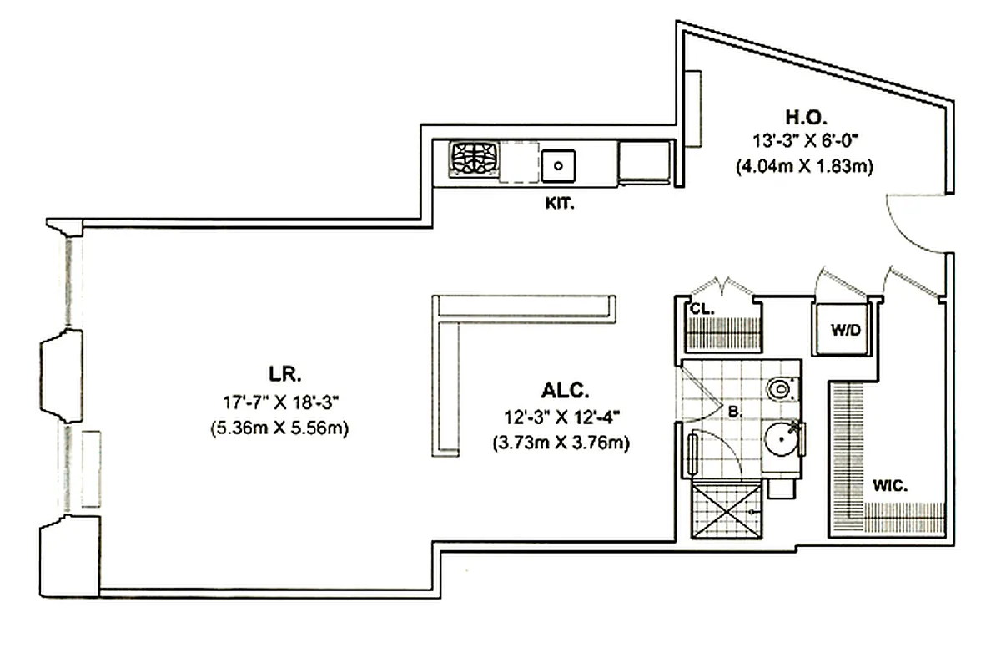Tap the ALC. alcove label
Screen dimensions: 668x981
[565, 390]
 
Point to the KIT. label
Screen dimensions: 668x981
[559, 203]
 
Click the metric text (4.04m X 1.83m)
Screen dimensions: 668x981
[804, 166]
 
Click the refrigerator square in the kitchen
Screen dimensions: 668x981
[645, 160]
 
